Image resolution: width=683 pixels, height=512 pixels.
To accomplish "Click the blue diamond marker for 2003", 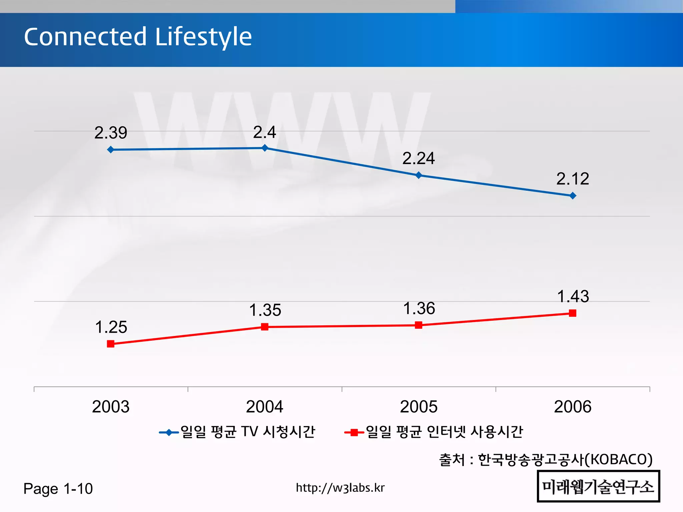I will point(111,150).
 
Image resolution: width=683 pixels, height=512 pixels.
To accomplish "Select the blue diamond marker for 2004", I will point(264,148).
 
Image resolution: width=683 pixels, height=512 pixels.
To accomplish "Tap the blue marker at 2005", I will point(419,175).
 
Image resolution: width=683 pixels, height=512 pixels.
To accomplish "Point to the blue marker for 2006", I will point(573,196).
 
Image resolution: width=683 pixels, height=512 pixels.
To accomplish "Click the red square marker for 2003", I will point(111,344).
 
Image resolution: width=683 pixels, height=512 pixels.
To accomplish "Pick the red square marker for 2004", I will point(264,327).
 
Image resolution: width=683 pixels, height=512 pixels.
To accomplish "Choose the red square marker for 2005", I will point(419,325).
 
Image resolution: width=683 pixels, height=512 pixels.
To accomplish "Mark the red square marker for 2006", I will point(573,313).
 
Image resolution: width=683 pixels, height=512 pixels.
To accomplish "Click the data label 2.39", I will point(111,133).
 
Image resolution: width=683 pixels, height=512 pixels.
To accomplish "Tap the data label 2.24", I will point(419,158).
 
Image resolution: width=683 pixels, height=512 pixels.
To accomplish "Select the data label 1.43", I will point(573,296).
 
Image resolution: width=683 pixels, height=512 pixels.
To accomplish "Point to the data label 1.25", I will point(111,327).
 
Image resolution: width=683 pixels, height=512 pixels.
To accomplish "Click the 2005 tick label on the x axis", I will point(419,407).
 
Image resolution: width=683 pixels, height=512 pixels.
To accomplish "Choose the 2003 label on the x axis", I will point(111,407).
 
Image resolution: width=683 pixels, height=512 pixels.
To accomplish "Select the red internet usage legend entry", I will point(434,432).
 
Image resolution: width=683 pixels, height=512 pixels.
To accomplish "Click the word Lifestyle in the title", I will point(203,37).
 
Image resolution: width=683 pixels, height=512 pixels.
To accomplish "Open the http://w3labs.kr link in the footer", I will point(340,488).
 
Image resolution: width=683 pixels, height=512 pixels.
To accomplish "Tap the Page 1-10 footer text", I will point(58,489).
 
